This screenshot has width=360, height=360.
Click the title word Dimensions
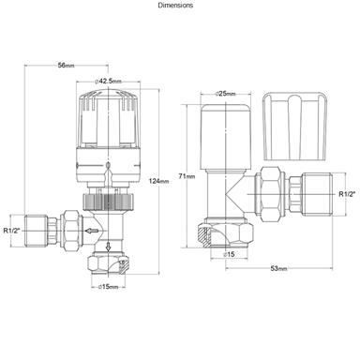[x=176, y=5]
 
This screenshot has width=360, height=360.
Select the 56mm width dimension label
[x=66, y=65]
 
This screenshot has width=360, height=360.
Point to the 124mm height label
[x=158, y=180]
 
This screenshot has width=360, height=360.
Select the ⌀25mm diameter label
[x=225, y=94]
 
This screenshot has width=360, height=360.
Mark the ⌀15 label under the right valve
[x=230, y=253]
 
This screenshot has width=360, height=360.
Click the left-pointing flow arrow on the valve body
[x=91, y=229]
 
